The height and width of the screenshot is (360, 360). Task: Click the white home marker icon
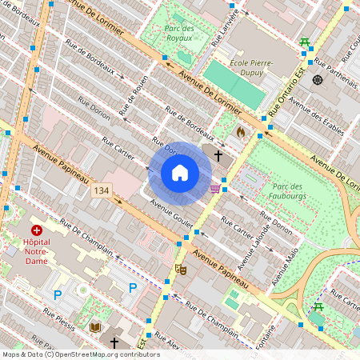[x=180, y=173]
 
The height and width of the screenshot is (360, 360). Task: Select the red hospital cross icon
[x=37, y=230]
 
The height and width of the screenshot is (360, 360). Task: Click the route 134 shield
[x=101, y=190]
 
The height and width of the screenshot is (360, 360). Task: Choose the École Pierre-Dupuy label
[x=250, y=68]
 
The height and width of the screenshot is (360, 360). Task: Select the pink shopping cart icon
[x=214, y=189]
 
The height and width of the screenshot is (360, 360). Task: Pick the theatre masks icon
[x=182, y=270]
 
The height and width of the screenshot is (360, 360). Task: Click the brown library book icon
[x=95, y=326]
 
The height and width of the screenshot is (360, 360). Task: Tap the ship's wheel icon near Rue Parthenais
[x=318, y=79]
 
